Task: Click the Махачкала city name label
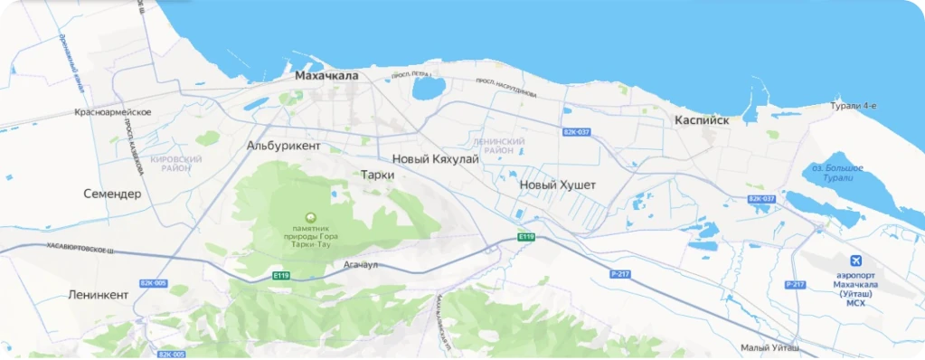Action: click(x=326, y=76)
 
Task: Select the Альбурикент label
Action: click(x=283, y=145)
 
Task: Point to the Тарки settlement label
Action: click(x=377, y=175)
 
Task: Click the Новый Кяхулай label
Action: click(x=435, y=159)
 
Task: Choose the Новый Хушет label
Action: click(x=558, y=185)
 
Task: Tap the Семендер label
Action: click(x=112, y=194)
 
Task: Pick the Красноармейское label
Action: click(x=113, y=112)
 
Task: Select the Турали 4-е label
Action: click(x=854, y=106)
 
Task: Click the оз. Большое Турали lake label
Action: click(x=837, y=173)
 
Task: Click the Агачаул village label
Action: click(x=361, y=265)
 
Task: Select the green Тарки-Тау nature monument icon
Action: click(x=312, y=217)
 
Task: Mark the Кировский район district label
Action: click(x=176, y=164)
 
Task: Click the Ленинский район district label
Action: click(x=499, y=147)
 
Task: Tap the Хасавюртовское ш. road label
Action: click(x=81, y=249)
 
